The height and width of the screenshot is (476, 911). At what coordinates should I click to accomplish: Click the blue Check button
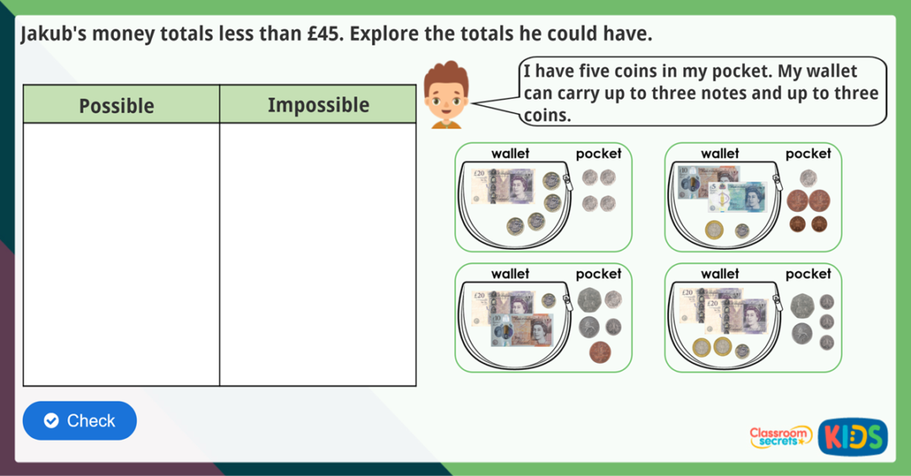coord(79,420)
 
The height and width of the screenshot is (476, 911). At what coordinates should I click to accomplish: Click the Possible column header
coord(116,105)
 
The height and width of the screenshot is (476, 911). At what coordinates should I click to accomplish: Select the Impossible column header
coord(318,105)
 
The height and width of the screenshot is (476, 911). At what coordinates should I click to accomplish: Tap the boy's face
coord(445,98)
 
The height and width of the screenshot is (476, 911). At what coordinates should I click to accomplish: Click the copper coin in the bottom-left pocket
coord(600,351)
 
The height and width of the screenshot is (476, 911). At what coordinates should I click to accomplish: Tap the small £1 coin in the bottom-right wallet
coord(742,350)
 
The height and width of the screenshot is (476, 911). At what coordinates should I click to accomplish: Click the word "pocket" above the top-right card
coord(808,154)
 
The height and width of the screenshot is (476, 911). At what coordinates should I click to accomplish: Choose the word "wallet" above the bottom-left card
coord(510,273)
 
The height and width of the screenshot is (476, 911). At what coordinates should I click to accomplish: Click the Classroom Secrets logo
coord(780,436)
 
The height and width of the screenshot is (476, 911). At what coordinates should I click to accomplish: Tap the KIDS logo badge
coord(852,436)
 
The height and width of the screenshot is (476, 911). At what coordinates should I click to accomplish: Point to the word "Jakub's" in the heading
coord(52,35)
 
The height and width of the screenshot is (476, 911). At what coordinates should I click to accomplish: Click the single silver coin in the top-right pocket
coord(808,177)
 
